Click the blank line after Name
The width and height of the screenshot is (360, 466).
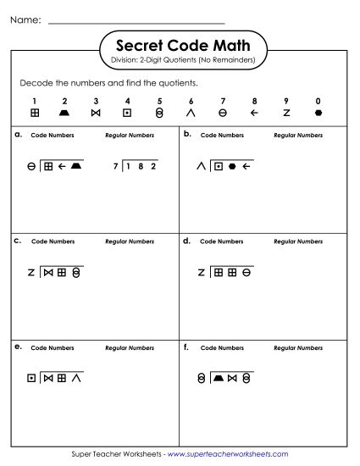point(136,22)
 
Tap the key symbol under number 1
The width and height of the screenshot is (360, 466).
point(35,112)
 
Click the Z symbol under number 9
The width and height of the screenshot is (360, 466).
point(286,112)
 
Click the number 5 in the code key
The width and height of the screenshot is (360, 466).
point(159,100)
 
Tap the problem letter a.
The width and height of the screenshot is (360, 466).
point(18,134)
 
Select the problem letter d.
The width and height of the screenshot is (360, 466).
point(186,241)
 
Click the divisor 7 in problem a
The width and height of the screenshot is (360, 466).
point(114,167)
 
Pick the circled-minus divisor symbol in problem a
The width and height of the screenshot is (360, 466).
point(31,167)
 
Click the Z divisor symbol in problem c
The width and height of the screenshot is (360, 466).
point(31,273)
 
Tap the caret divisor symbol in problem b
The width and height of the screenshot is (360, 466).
point(201,166)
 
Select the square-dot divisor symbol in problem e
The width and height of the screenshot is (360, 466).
point(31,379)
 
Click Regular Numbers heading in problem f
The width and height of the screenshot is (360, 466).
point(298,347)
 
